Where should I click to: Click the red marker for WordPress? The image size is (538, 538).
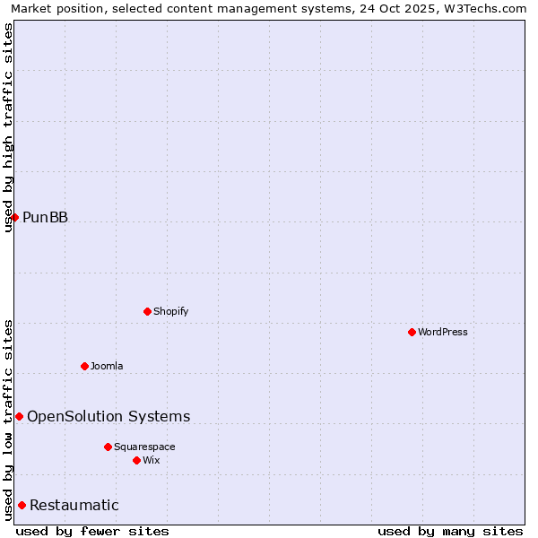tap(412, 332)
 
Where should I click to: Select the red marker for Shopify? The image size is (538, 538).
tap(147, 311)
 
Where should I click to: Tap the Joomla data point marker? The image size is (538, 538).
tap(84, 366)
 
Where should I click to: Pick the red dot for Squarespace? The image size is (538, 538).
tap(108, 447)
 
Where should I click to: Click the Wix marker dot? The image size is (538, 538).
tap(136, 460)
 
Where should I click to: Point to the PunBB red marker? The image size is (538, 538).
tap(14, 217)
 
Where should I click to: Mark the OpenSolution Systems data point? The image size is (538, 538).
tap(19, 416)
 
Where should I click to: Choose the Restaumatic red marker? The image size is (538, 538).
tap(22, 505)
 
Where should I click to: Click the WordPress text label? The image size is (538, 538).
tap(443, 333)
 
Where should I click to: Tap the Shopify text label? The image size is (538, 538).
tap(171, 312)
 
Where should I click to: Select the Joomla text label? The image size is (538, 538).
tap(107, 366)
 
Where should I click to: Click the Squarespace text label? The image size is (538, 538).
tap(144, 447)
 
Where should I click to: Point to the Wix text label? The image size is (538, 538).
tap(152, 461)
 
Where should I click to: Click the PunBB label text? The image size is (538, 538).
tap(45, 218)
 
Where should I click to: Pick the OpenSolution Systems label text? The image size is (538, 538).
tap(108, 416)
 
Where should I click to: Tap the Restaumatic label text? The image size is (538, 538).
tap(74, 506)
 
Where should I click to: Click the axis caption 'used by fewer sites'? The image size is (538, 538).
tap(92, 532)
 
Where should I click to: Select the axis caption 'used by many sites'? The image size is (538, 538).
tap(450, 532)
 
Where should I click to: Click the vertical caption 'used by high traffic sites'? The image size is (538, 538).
tap(8, 127)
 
